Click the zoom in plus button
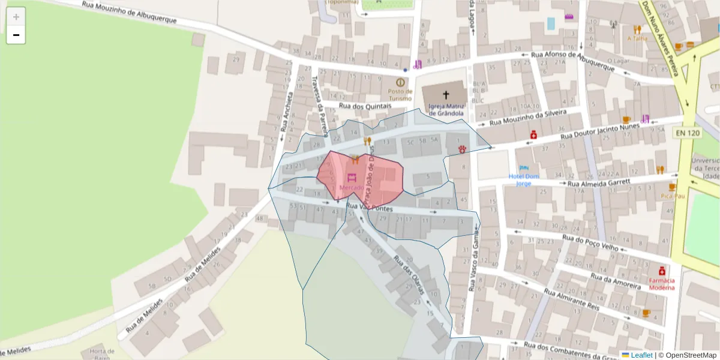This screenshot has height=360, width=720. (x=16, y=17)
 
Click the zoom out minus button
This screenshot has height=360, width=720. (x=16, y=35)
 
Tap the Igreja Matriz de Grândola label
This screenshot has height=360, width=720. (x=446, y=109)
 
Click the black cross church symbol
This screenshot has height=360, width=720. (x=446, y=95)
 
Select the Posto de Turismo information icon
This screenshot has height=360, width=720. (x=400, y=82)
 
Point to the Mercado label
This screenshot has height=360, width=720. (x=351, y=188)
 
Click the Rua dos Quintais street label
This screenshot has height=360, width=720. (x=365, y=106)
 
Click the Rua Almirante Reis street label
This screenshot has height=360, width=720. (x=571, y=298)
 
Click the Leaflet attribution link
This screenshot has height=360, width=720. (x=641, y=355)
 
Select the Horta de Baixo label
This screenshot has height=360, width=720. (x=102, y=354)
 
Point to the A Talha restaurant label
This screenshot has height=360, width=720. (x=637, y=38)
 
